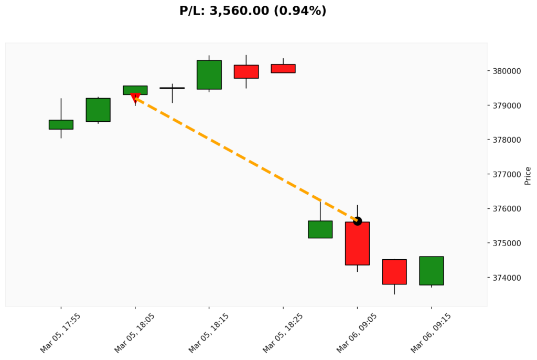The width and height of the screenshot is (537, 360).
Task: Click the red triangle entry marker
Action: pos(135,98)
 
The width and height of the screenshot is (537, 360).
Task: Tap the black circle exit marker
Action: pos(358,221)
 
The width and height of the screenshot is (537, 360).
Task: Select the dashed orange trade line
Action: pos(246,160)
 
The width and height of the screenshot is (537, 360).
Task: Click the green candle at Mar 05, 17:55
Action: pos(61,124)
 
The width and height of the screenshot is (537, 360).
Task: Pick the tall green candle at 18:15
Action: pos(209,75)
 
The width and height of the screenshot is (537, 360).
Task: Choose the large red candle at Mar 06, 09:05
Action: pos(357,243)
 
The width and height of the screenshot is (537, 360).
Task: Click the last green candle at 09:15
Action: pos(432,271)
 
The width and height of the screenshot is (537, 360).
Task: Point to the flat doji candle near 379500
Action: pos(172,88)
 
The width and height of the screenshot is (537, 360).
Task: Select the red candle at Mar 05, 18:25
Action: pos(283,68)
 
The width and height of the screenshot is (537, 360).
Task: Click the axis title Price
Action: pos(528,176)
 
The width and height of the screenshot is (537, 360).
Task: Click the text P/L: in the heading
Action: pos(192,10)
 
